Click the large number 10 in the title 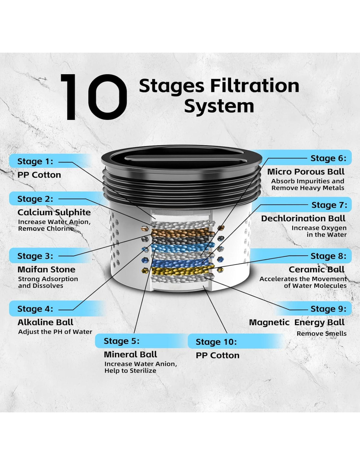tap(94, 97)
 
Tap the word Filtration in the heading tap(255, 86)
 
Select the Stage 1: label tap(35, 161)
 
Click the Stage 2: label tap(35, 199)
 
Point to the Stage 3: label tap(35, 256)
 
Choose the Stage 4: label tap(35, 309)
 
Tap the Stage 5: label tap(121, 341)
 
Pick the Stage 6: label tap(328, 158)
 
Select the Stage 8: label tap(328, 256)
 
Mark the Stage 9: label tap(328, 309)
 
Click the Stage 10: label tap(216, 342)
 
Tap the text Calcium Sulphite tap(54, 213)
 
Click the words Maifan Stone tap(46, 269)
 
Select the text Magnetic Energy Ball tap(297, 323)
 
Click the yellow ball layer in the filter tap(182, 270)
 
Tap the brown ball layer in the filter tap(182, 233)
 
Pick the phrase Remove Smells tap(321, 334)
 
